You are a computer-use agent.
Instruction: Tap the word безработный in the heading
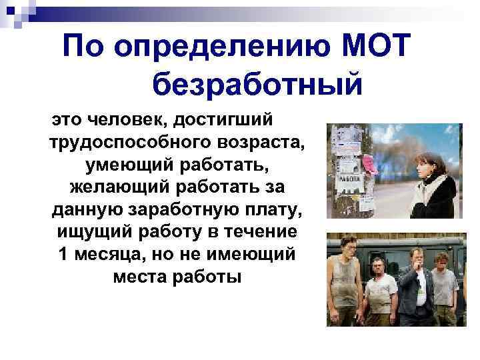click(257, 85)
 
